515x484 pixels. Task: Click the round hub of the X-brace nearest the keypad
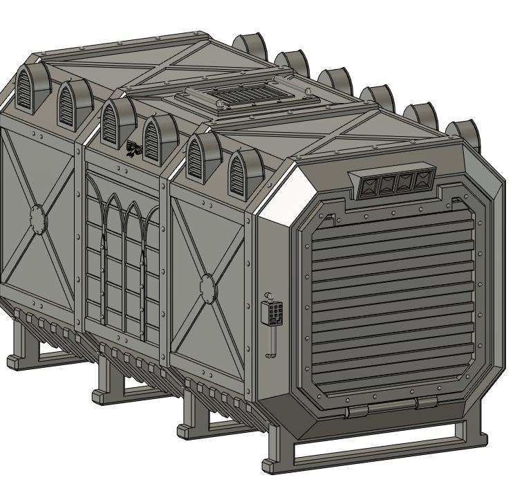[207, 286]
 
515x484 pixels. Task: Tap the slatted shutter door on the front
[392, 304]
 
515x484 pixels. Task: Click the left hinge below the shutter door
[357, 411]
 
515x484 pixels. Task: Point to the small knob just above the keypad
[268, 296]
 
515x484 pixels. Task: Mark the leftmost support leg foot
[16, 361]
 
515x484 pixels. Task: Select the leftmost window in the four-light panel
[371, 186]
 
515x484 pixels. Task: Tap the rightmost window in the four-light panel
[421, 181]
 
